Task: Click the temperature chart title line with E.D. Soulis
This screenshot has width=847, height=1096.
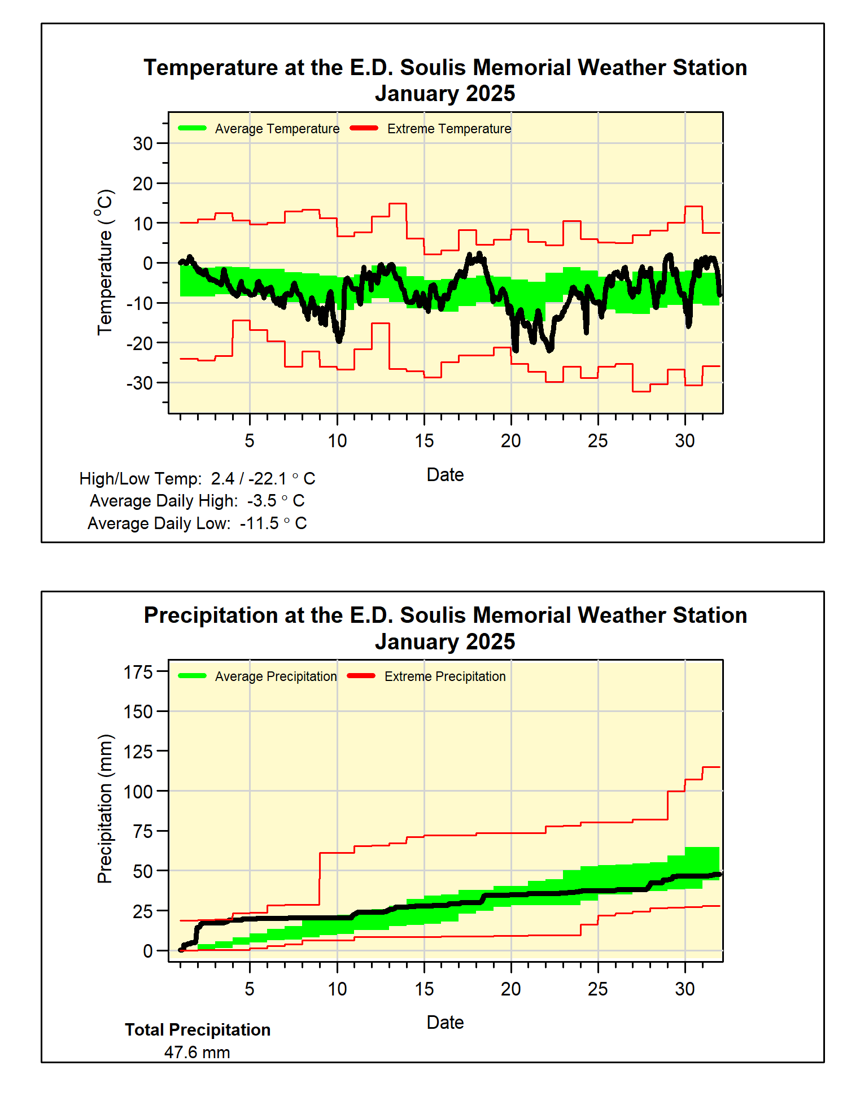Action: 445,68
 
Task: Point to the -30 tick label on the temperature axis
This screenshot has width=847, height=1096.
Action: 139,383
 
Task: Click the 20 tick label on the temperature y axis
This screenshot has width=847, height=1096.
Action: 143,184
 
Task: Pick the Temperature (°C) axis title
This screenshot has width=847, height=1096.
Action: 105,262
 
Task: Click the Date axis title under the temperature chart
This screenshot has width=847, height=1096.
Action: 445,475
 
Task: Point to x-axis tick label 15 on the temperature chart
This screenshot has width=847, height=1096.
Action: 424,441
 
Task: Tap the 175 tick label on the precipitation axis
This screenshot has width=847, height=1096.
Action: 138,673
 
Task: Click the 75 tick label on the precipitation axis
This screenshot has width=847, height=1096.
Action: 143,832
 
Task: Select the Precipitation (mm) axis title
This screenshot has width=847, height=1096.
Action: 105,809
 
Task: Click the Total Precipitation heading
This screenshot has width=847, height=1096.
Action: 198,1030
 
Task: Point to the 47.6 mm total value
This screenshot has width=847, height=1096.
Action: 197,1053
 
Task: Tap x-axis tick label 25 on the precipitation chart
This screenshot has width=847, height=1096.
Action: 597,989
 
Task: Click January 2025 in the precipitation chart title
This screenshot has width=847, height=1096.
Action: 445,642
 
